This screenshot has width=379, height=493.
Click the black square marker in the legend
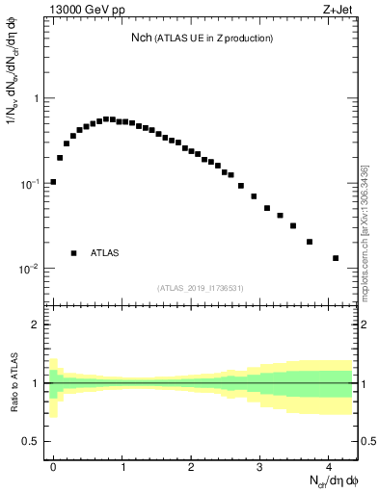pyautogui.click(x=73, y=253)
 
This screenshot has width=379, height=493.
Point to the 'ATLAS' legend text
pyautogui.click(x=105, y=253)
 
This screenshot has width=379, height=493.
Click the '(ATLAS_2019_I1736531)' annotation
pyautogui.click(x=202, y=287)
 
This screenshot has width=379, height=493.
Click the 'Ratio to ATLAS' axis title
pyautogui.click(x=13, y=383)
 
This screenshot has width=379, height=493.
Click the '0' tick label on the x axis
pyautogui.click(x=53, y=464)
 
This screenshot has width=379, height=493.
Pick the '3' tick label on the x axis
pyautogui.click(x=259, y=464)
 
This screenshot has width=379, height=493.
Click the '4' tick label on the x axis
pyautogui.click(x=329, y=464)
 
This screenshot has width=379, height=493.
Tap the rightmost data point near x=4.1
pyautogui.click(x=336, y=258)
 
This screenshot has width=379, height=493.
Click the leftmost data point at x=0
pyautogui.click(x=53, y=181)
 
